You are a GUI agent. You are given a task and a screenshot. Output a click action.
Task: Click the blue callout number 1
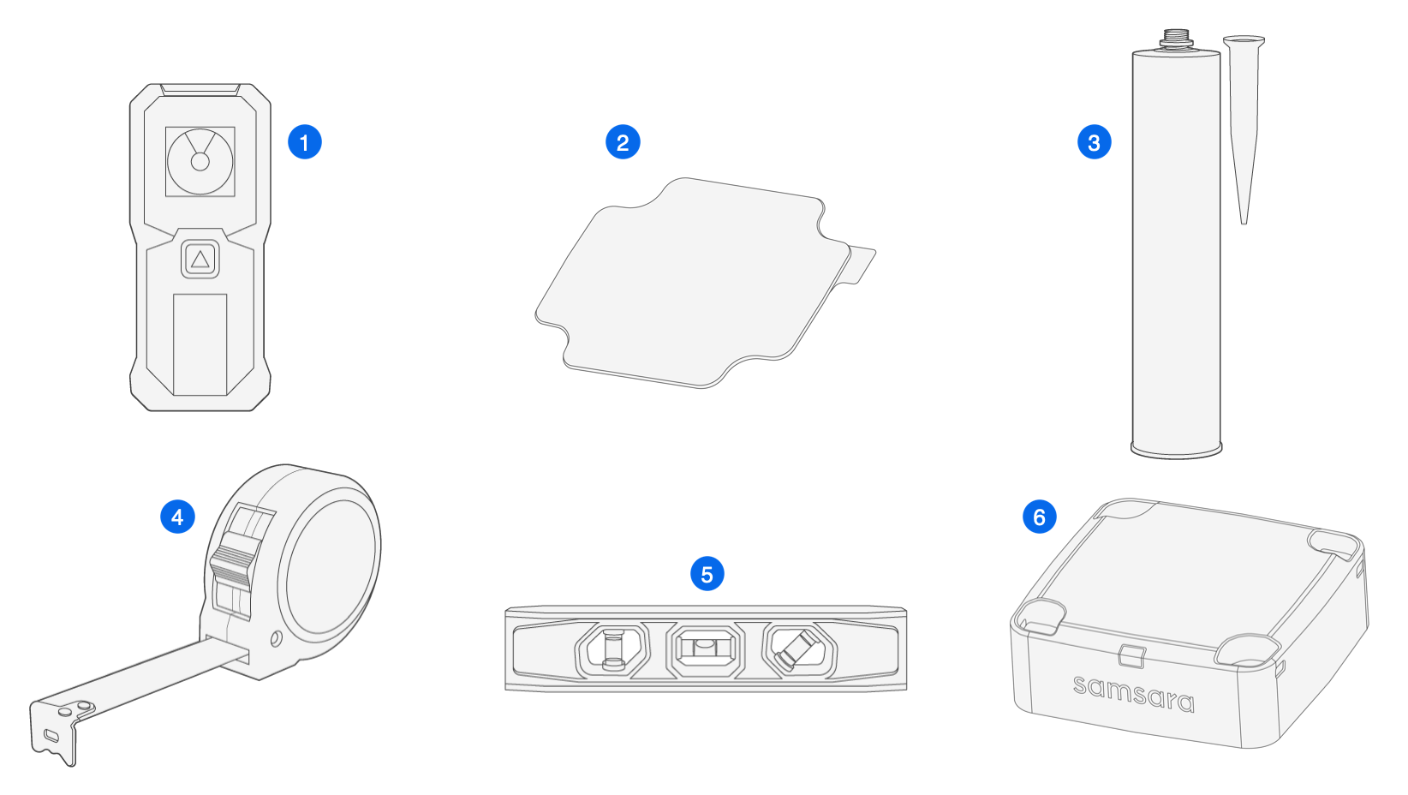(304, 142)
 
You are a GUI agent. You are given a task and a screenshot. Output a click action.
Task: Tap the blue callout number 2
(623, 142)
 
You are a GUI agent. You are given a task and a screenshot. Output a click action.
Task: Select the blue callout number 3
(1094, 142)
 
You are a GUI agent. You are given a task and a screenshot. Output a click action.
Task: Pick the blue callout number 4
(177, 517)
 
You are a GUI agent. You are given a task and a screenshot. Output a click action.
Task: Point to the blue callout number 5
(707, 574)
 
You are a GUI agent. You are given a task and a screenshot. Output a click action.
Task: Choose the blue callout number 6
(1039, 517)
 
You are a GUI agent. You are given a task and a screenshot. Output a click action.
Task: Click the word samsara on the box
(1133, 694)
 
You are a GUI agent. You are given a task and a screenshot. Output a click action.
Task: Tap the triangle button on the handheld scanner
(200, 260)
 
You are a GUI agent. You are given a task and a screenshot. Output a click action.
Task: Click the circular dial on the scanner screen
(200, 161)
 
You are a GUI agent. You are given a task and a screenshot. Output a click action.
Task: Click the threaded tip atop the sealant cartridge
(1176, 39)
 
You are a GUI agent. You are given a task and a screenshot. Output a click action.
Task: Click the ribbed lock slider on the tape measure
(232, 566)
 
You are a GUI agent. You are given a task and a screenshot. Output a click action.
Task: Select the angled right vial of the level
(796, 649)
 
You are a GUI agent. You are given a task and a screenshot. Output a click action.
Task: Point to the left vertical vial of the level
(612, 649)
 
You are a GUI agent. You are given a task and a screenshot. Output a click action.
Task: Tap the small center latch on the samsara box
(1131, 655)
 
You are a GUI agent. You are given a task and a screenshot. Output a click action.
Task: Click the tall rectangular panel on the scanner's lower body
(200, 344)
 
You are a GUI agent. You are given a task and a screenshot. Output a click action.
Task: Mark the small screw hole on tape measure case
(276, 638)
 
